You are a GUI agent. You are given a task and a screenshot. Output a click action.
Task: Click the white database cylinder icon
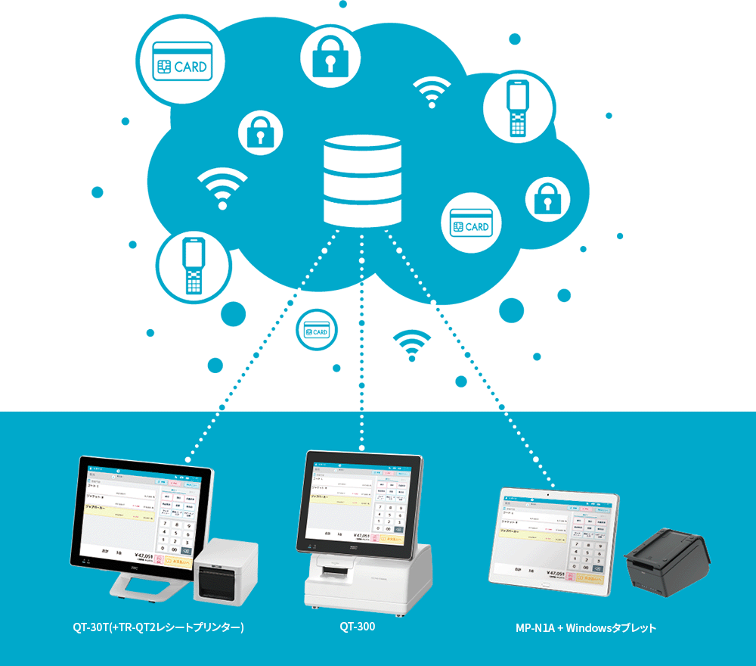(x=361, y=179)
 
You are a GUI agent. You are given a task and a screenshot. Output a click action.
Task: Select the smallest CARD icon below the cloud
(x=317, y=331)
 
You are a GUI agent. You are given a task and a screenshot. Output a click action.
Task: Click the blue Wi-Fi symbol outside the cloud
(x=411, y=345)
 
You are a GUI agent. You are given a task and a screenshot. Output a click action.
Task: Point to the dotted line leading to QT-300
(x=361, y=341)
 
